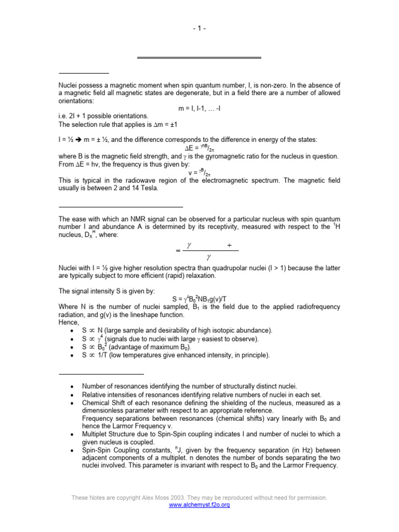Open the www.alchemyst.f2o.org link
click(x=199, y=504)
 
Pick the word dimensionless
click(x=104, y=410)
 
